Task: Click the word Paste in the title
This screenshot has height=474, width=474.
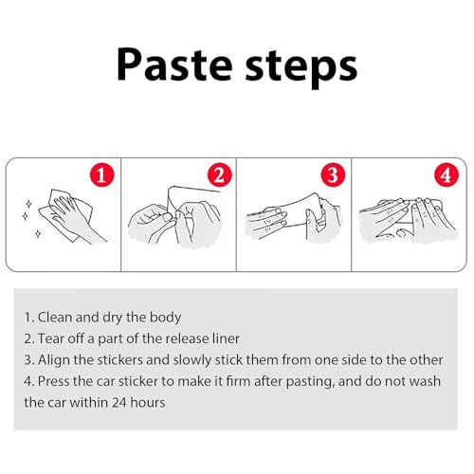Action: click(174, 64)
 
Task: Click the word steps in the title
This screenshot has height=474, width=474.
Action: click(301, 67)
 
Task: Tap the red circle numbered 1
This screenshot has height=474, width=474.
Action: click(101, 174)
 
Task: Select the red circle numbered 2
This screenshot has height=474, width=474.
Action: click(219, 174)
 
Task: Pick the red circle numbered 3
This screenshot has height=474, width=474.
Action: click(333, 174)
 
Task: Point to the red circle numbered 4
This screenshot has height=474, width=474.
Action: click(446, 174)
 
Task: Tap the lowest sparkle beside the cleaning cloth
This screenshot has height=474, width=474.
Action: click(38, 234)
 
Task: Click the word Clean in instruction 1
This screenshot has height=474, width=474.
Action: click(55, 317)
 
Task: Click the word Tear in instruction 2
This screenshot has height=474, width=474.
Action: click(51, 338)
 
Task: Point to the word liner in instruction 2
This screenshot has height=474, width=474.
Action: click(226, 338)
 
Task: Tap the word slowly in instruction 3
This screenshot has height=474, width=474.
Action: click(192, 360)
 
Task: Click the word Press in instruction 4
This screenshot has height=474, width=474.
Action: click(53, 381)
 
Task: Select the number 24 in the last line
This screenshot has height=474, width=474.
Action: click(119, 403)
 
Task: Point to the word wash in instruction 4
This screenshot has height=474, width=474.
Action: click(424, 381)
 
